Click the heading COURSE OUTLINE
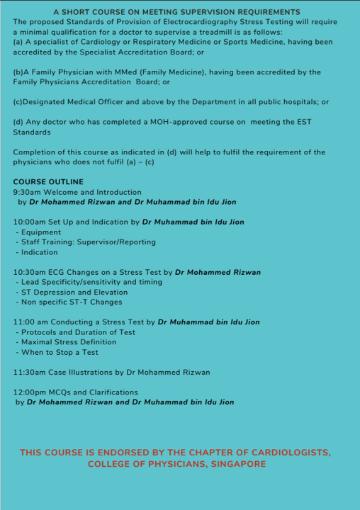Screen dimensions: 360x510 point(48,182)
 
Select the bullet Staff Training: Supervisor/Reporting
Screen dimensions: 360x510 point(78,242)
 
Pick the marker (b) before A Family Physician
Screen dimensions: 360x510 point(18,72)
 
